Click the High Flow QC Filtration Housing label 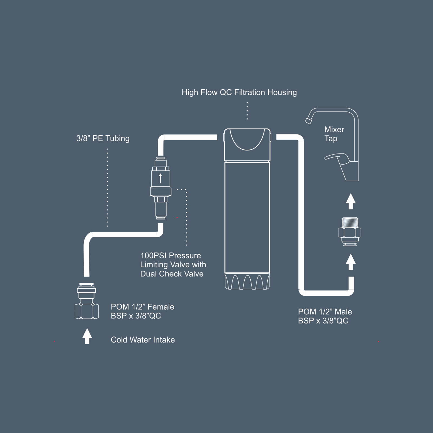click(x=239, y=93)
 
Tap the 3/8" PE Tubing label click(x=103, y=138)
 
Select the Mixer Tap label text click(x=334, y=134)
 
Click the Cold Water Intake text click(x=143, y=340)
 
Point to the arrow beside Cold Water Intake click(x=87, y=336)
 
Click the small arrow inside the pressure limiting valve click(x=160, y=178)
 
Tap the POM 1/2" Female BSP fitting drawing click(x=87, y=301)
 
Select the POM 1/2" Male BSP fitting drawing click(x=350, y=231)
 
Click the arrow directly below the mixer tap click(x=351, y=201)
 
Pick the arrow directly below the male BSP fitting click(x=351, y=262)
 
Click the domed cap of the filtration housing click(x=247, y=145)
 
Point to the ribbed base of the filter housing click(x=247, y=281)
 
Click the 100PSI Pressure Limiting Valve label click(x=173, y=265)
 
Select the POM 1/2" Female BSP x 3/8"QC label click(x=142, y=311)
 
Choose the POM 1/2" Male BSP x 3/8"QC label click(x=325, y=316)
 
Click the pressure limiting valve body click(x=160, y=188)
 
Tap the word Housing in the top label click(x=282, y=93)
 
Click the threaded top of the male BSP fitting click(x=350, y=222)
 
